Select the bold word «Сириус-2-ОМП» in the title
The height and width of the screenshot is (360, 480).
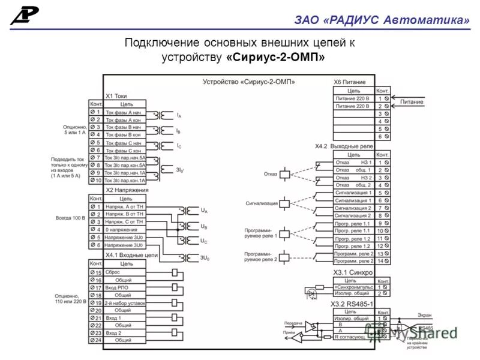click(276, 58)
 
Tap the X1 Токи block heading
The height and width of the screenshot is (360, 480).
click(116, 95)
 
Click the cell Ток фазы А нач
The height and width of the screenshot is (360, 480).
click(123, 112)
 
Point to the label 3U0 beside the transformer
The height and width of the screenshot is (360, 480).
click(204, 257)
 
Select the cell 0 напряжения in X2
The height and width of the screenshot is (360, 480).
click(123, 229)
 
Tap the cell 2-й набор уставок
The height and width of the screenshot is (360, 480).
click(124, 303)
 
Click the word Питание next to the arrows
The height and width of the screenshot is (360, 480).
click(412, 102)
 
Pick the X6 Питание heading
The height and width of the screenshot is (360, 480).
click(349, 82)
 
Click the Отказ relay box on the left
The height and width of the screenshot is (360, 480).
click(287, 174)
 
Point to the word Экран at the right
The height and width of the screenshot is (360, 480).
click(424, 314)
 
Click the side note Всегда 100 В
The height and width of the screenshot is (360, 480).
click(71, 218)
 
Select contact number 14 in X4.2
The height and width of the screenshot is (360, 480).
click(380, 261)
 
